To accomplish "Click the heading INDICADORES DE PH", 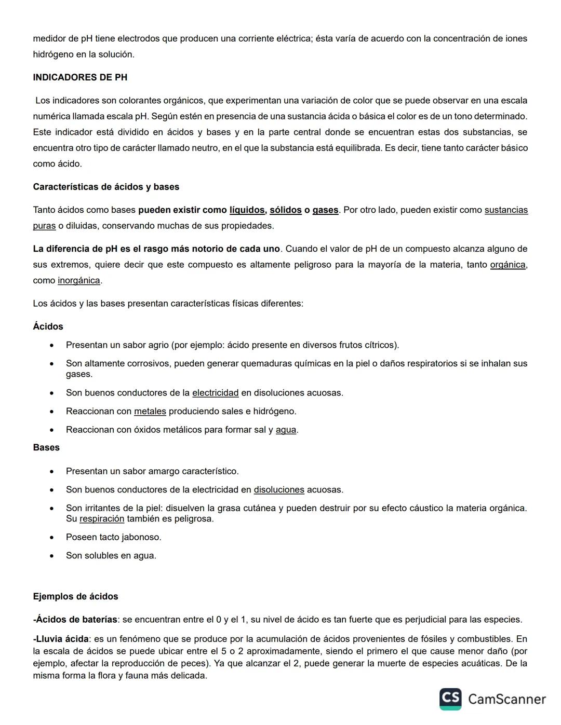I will tap(80, 77).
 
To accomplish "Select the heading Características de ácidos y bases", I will tap(106, 187).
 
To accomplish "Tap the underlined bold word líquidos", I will tap(247, 210).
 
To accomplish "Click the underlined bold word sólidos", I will tap(285, 210).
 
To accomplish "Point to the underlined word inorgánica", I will tap(78, 281).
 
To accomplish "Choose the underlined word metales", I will tap(150, 412).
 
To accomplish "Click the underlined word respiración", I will tap(102, 519).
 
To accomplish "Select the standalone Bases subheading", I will tap(46, 447).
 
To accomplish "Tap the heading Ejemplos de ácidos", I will tap(75, 597).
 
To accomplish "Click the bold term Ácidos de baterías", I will tap(76, 620).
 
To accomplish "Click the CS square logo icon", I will tap(450, 699).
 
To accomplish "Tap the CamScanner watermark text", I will tap(506, 700).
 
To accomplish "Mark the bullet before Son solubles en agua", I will tap(51, 556).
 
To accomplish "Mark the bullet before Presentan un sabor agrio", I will tap(51, 345).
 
